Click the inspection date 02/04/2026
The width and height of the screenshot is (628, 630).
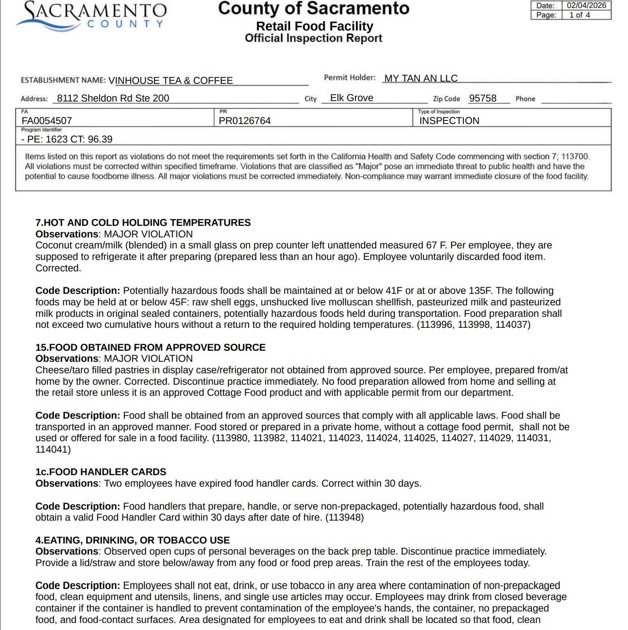coord(586,5)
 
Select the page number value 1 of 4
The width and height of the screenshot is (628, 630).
coord(579,15)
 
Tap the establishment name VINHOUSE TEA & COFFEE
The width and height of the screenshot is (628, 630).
coord(171,81)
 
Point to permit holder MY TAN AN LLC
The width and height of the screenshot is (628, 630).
coord(421,79)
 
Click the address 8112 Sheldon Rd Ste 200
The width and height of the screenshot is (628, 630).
coord(113,98)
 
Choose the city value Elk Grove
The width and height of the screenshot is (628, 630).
coord(351,98)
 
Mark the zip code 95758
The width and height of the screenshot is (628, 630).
coord(482,98)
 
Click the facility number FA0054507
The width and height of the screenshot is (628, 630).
coord(47,121)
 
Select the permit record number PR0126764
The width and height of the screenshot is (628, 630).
coord(245,121)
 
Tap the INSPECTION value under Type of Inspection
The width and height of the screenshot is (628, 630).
coord(449,121)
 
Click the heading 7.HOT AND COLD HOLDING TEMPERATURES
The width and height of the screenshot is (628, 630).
coord(143,223)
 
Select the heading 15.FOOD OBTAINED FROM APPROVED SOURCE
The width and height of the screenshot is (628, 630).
coord(150,348)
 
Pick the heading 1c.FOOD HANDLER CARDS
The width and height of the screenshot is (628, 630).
coord(101,472)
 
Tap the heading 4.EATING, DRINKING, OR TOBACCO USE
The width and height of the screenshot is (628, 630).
coord(132,540)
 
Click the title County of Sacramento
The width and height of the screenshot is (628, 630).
coord(314,9)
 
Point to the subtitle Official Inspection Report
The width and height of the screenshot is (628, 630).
coord(314,38)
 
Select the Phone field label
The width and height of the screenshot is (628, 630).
coord(525,99)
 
